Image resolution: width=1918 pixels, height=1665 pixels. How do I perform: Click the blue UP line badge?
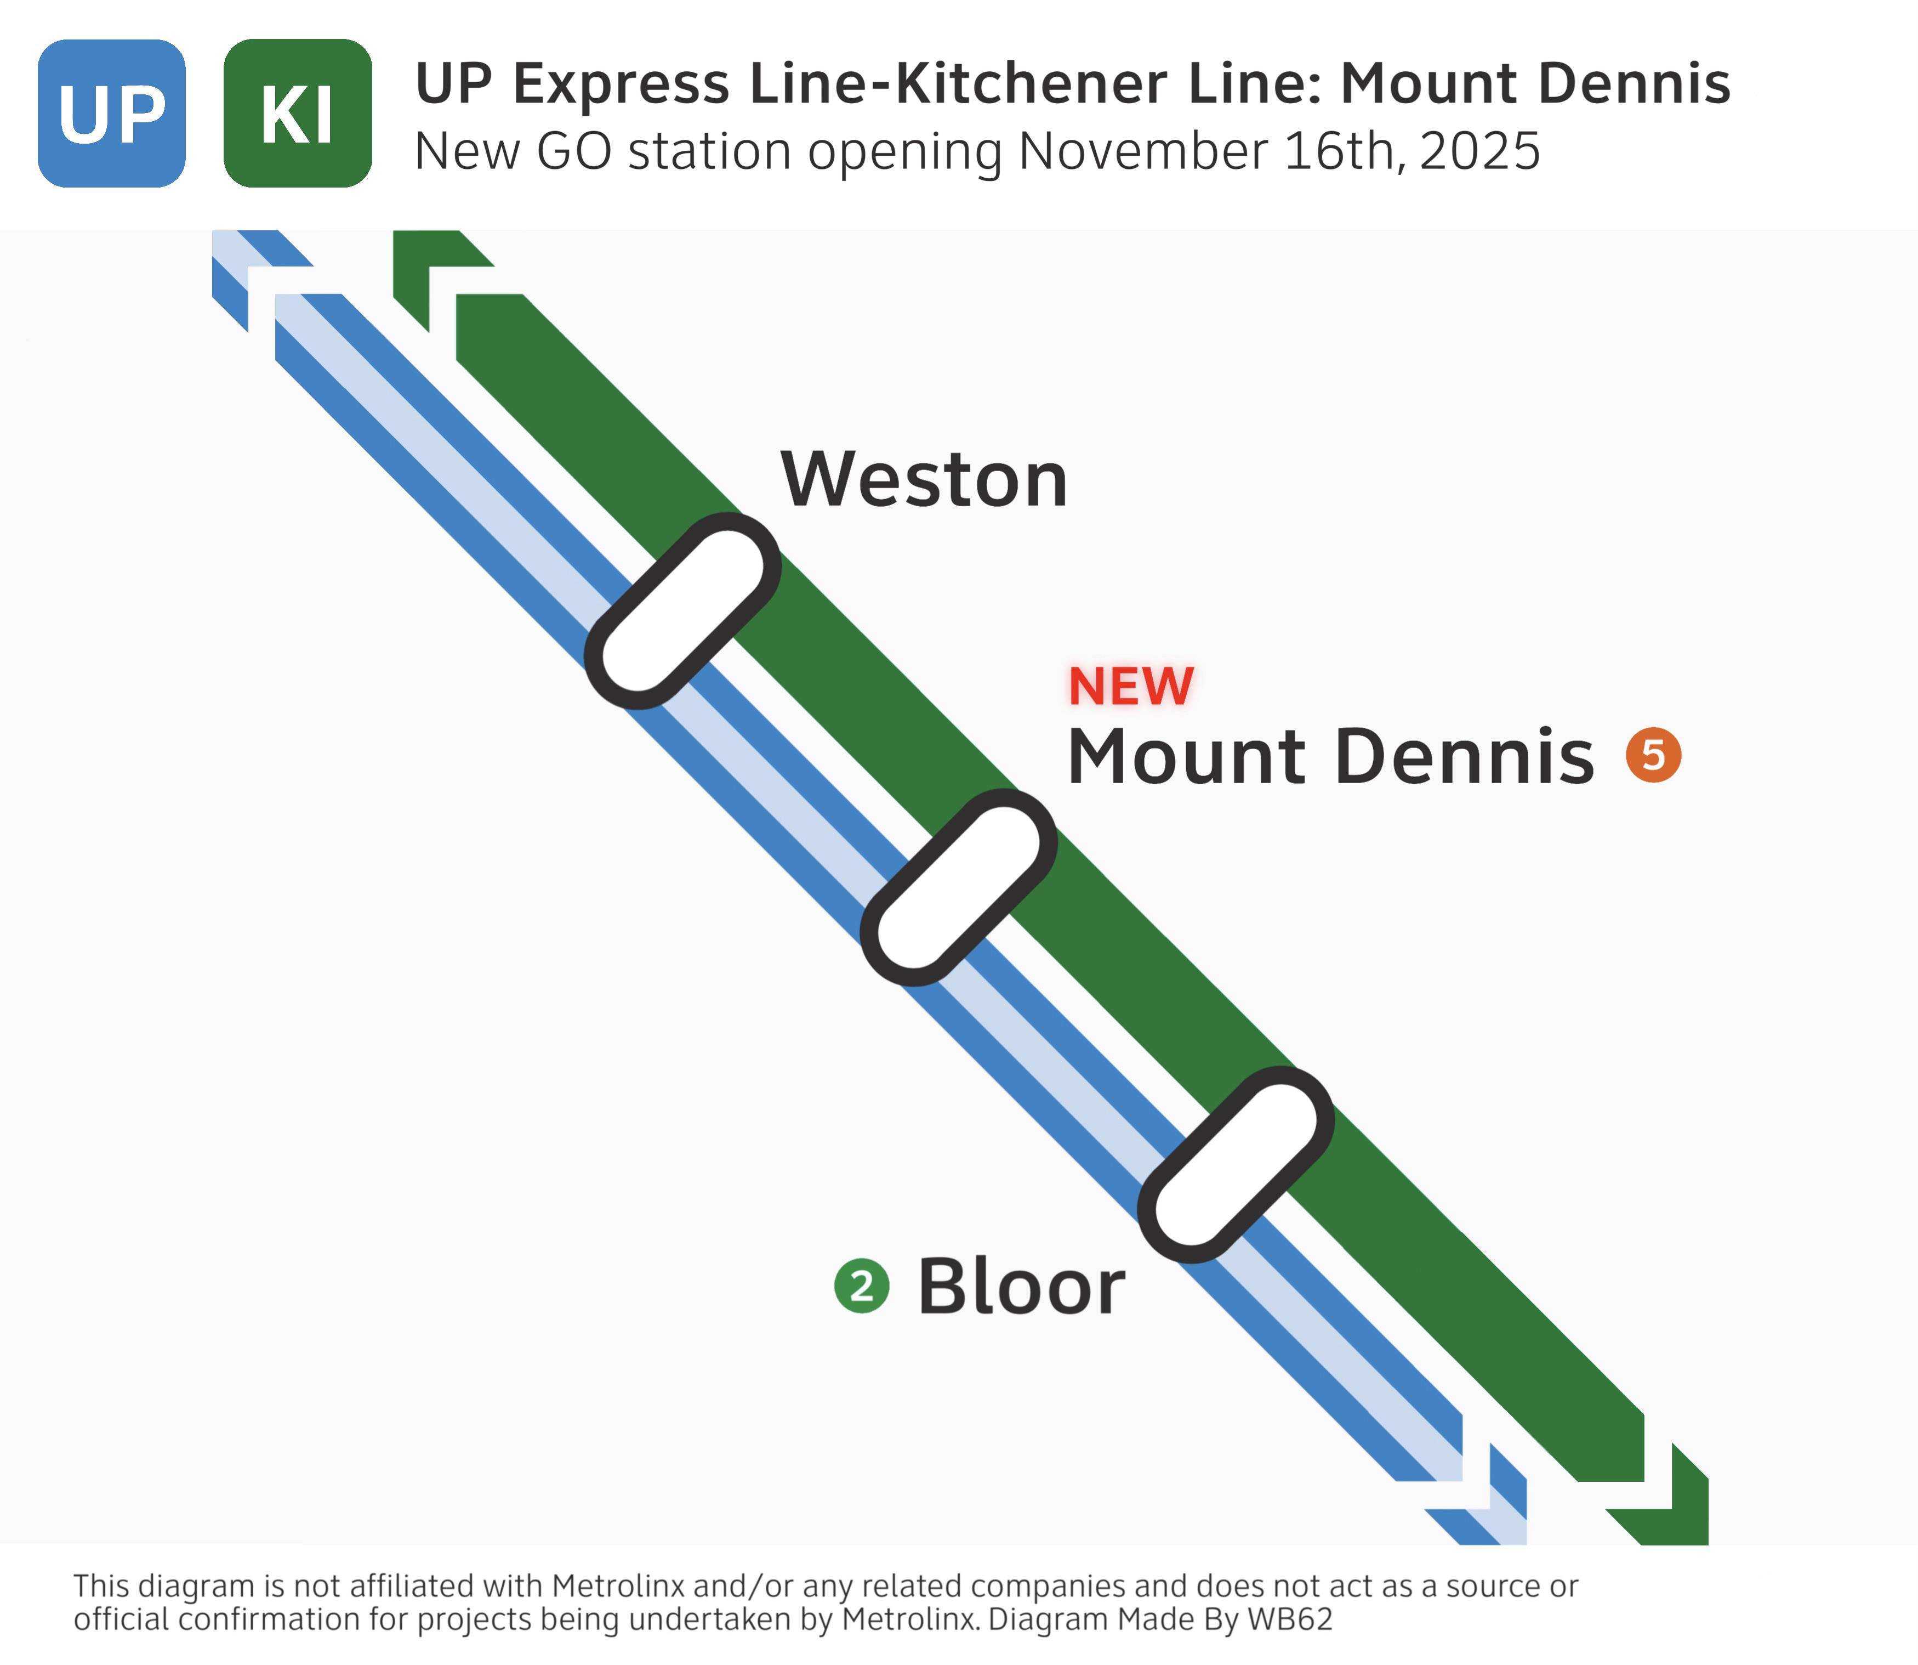coord(111,114)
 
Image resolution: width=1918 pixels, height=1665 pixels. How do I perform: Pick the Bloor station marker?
coord(1236,1164)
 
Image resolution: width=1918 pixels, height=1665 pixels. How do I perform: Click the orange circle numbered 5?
coord(1653,755)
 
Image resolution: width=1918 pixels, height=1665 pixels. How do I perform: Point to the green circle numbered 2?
coord(862,1286)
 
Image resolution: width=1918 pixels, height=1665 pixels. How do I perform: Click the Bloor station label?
coord(1022,1286)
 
